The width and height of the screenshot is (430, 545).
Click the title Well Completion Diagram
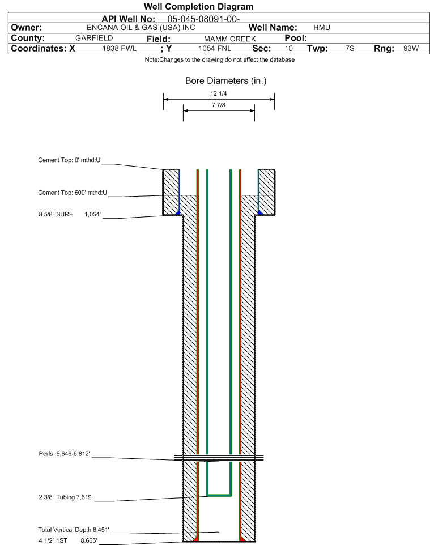tap(198, 7)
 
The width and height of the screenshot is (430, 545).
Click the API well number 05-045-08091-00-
tap(203, 19)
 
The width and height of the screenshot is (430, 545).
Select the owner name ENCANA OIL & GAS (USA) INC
tap(141, 28)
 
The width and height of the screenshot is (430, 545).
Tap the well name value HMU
tap(322, 28)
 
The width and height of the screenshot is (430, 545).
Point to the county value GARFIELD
tap(94, 38)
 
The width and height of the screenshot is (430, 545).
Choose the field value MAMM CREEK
tap(230, 39)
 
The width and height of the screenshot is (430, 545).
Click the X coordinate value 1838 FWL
tap(119, 49)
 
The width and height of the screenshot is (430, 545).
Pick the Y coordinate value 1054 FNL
tap(215, 49)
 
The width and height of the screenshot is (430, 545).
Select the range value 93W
tap(411, 49)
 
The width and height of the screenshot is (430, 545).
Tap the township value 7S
tap(350, 49)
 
